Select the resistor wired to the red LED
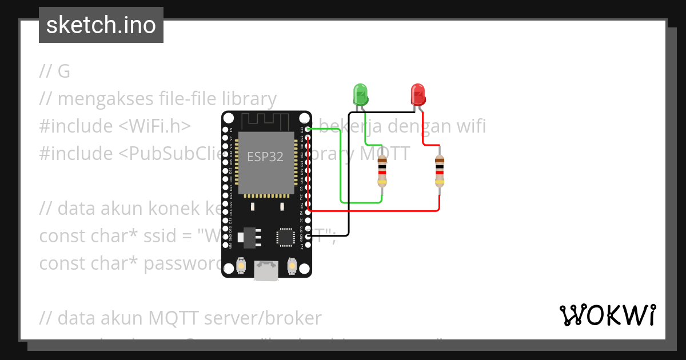pyautogui.click(x=439, y=171)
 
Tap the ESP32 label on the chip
pyautogui.click(x=265, y=157)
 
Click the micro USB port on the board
pyautogui.click(x=266, y=271)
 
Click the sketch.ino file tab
pyautogui.click(x=101, y=25)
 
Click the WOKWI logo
pyautogui.click(x=607, y=315)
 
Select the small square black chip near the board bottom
pyautogui.click(x=285, y=237)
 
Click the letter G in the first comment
pyautogui.click(x=64, y=71)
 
